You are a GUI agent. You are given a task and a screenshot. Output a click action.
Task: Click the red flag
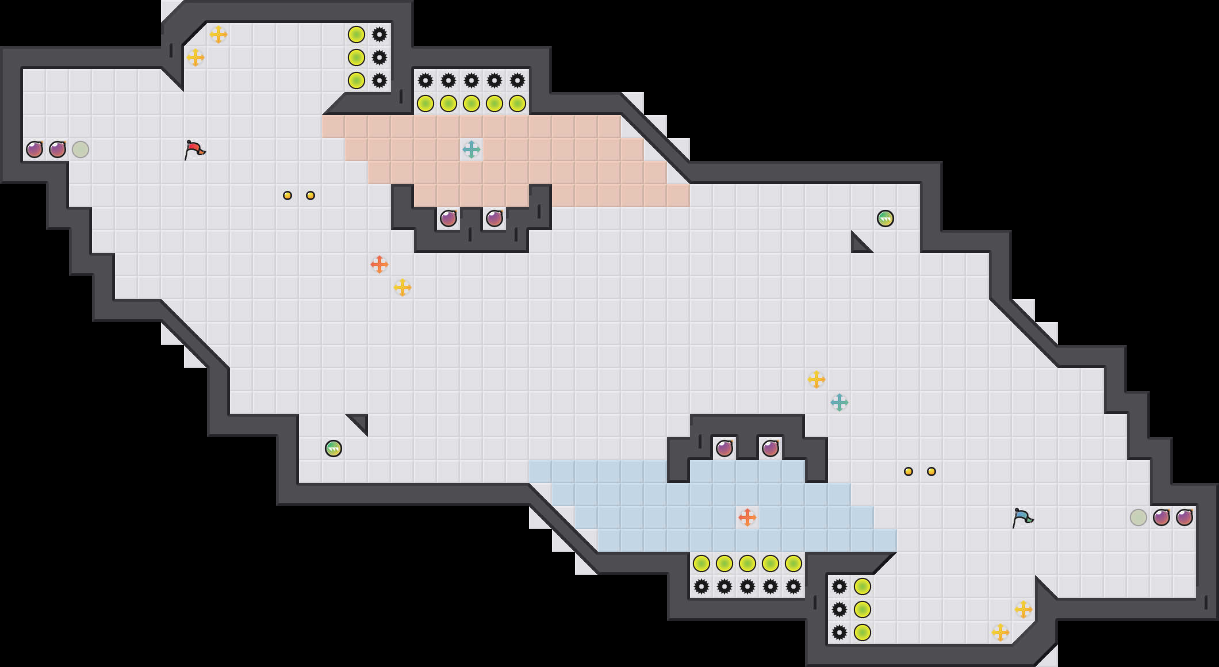[194, 149]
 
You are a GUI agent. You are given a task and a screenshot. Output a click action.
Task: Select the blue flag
[1022, 517]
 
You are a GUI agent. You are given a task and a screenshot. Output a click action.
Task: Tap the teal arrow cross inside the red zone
[471, 149]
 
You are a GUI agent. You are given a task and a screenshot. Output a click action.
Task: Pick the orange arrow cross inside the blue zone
[747, 517]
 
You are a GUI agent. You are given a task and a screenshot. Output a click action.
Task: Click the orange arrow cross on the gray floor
[379, 264]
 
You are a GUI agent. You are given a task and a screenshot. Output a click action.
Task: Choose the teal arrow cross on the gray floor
[839, 402]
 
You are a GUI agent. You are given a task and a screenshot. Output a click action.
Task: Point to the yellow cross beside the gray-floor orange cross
[402, 287]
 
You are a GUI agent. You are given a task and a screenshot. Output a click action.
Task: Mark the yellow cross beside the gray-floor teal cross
[816, 379]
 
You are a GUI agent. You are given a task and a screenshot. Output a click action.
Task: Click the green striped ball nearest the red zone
[885, 218]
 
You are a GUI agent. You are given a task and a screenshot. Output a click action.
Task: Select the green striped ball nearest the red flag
[333, 448]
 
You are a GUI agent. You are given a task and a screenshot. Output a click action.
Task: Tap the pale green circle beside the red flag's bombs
[80, 149]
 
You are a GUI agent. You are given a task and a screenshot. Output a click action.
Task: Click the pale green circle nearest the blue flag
[1138, 517]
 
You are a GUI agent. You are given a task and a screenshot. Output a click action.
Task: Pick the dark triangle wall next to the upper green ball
[859, 244]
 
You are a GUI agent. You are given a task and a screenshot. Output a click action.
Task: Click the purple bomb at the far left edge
[34, 149]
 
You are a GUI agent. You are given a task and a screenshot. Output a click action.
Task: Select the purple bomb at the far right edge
[1184, 517]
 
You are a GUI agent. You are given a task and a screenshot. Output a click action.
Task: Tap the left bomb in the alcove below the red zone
[448, 218]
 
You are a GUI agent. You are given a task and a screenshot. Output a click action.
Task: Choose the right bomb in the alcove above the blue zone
[770, 448]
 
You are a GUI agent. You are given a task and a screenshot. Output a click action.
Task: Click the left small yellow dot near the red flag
[287, 195]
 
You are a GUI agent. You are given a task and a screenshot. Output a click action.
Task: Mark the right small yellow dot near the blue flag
[931, 471]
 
